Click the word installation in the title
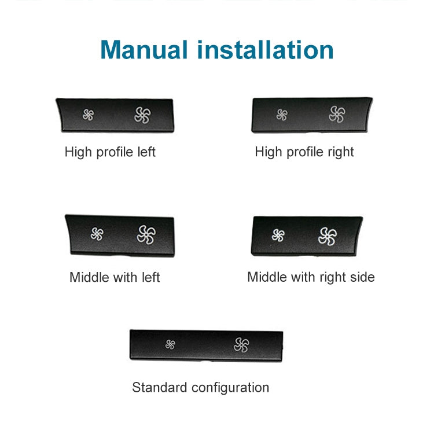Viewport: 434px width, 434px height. [x=266, y=50]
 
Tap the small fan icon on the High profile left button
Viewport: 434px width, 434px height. [x=88, y=115]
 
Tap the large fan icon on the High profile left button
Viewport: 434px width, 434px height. [x=142, y=115]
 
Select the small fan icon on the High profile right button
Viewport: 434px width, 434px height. [x=282, y=115]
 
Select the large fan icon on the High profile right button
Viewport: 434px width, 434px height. [x=337, y=115]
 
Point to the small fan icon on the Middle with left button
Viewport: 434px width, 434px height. [x=97, y=234]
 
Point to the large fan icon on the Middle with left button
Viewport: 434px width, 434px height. [x=146, y=234]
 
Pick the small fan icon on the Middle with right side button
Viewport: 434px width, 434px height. [x=278, y=235]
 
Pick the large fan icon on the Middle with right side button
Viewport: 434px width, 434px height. [x=328, y=236]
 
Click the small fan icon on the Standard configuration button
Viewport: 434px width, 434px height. [x=170, y=344]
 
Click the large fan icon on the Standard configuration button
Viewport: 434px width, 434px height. [x=241, y=345]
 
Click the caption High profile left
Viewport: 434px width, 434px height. [x=110, y=152]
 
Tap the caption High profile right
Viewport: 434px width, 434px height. [x=304, y=152]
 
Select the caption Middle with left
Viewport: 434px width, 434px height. [x=115, y=277]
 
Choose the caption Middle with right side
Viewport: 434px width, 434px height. [x=311, y=277]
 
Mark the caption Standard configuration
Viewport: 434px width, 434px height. [x=200, y=387]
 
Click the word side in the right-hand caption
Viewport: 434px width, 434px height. [x=361, y=277]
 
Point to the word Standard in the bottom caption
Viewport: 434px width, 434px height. [x=157, y=387]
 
